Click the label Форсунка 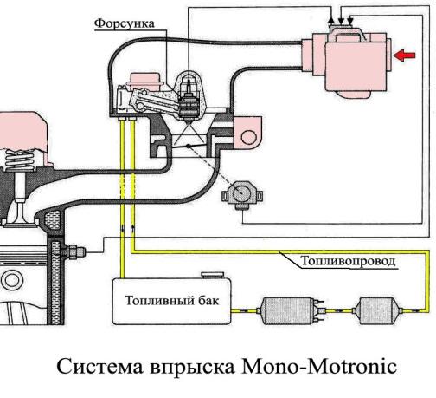125,23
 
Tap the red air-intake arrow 404,55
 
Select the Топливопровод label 348,261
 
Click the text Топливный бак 172,301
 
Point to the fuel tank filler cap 213,275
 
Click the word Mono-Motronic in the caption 319,367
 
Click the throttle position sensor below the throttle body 242,195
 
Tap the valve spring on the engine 20,160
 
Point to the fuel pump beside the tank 292,310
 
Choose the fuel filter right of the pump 377,310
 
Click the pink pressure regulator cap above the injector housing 144,80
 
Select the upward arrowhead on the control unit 332,19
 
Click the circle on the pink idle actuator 248,137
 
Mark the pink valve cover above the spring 22,133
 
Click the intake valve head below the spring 20,222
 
